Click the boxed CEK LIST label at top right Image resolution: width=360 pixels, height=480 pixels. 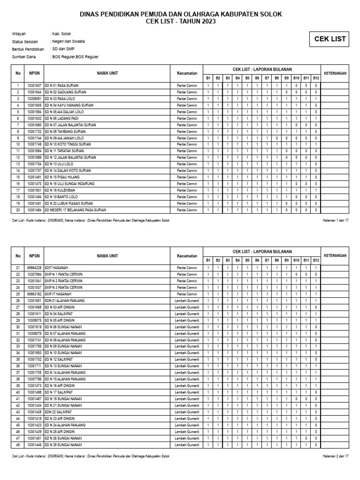coord(330,39)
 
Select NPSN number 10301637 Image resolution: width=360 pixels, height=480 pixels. coord(34,86)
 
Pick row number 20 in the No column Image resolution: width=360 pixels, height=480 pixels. coord(18,210)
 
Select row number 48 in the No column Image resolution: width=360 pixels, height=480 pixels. coord(18,444)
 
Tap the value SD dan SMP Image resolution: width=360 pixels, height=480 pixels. coord(63,49)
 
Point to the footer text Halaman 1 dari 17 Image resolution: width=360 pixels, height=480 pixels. coord(336,220)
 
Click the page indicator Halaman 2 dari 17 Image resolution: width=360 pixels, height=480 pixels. coord(336,456)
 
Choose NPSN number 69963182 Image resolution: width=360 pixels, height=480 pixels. coord(34,294)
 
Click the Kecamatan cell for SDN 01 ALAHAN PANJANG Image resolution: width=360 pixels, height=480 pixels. coord(186,300)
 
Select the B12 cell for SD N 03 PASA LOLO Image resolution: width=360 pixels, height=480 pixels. coord(316,99)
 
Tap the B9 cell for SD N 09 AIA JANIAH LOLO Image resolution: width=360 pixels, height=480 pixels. coord(286,138)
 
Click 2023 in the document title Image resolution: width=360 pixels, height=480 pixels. coord(208,22)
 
